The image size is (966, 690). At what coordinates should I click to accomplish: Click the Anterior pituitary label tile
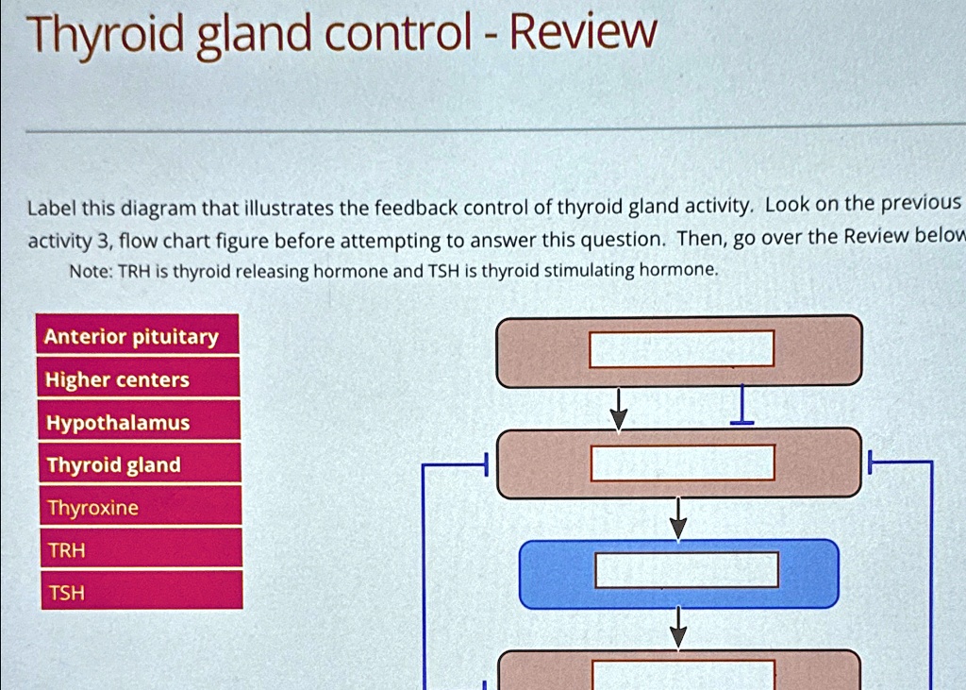(138, 336)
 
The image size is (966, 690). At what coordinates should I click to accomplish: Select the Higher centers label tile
(138, 379)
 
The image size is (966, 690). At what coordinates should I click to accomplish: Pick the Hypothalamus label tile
(138, 423)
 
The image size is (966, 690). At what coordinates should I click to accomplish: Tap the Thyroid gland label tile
(138, 465)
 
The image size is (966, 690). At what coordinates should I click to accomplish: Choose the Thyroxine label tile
(138, 508)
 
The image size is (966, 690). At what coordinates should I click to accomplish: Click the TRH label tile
(138, 550)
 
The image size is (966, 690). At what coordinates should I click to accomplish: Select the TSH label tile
(138, 593)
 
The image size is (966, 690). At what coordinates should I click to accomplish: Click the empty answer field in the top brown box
(681, 348)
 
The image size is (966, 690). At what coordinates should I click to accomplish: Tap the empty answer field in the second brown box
(683, 463)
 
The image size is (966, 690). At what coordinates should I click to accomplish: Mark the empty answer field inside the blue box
(687, 570)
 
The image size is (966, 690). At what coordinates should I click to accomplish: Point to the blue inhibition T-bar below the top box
(743, 405)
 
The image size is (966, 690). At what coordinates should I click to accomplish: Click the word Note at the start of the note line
(89, 272)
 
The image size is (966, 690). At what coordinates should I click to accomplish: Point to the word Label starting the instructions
(51, 209)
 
